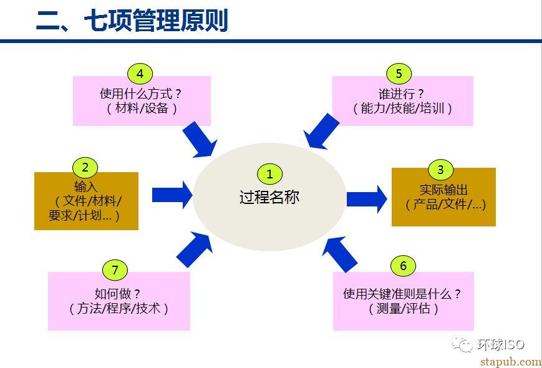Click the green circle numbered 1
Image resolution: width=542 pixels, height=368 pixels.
point(269,174)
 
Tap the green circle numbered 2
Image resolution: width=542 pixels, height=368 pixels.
point(85,168)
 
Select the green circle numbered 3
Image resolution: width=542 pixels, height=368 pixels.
point(440,170)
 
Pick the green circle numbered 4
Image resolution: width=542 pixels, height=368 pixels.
point(140,74)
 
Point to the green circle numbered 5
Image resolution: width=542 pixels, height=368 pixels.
point(399,74)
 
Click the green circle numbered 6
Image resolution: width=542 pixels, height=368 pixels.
point(403,266)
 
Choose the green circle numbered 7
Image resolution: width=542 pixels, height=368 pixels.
point(115,270)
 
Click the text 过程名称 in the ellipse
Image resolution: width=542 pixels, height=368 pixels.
point(269,197)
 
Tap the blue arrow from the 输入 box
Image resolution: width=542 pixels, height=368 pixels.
point(172,195)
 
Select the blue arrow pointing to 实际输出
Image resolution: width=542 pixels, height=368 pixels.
point(367,199)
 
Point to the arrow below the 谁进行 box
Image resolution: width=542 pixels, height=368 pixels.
point(321,132)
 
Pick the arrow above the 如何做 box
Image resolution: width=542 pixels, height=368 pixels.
point(194,249)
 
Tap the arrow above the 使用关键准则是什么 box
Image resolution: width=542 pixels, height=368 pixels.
point(340,254)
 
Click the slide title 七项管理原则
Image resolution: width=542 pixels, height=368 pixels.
point(156,21)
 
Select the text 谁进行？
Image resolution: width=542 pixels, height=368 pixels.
point(401,94)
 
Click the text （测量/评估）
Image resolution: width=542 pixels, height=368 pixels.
point(403,308)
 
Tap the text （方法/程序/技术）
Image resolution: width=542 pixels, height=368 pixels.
point(119,308)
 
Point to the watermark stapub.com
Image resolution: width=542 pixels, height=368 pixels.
point(511,361)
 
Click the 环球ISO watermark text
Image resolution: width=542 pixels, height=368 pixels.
point(501,344)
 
